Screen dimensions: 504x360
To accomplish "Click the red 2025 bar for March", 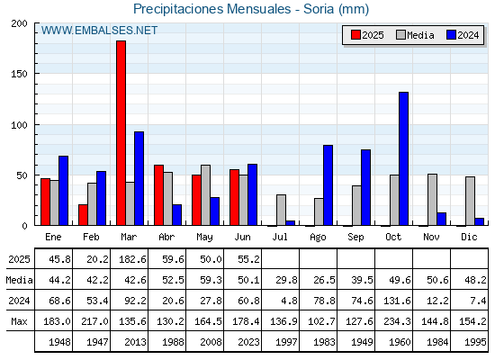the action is (x=121, y=133).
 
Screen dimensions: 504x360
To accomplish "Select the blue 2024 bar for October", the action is (x=404, y=158).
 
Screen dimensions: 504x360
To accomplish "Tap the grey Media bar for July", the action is (x=281, y=210).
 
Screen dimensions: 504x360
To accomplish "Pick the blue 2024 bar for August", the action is (x=328, y=185).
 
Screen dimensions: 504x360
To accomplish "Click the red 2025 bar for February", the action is (x=83, y=215).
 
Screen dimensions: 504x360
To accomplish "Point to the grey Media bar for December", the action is (x=470, y=201).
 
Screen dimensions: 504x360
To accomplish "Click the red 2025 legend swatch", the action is (x=355, y=35).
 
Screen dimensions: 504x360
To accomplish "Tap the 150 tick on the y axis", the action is (x=19, y=74).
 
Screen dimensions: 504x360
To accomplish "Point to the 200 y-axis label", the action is (x=19, y=23).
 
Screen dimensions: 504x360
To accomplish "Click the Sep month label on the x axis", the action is (x=355, y=237).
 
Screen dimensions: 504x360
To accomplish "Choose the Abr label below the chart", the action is (x=166, y=237).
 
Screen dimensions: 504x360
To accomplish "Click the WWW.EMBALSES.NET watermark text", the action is (x=99, y=31).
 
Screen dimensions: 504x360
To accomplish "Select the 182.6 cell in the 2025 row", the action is (x=133, y=259).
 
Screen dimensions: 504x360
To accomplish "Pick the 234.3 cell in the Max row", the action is (x=397, y=321).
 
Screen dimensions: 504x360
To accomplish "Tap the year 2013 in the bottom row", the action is (x=135, y=342).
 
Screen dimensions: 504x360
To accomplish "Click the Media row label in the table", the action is (x=19, y=280).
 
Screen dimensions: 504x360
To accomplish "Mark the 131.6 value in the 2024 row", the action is (x=397, y=301).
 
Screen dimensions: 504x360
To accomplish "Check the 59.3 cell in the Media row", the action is (x=211, y=280).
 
